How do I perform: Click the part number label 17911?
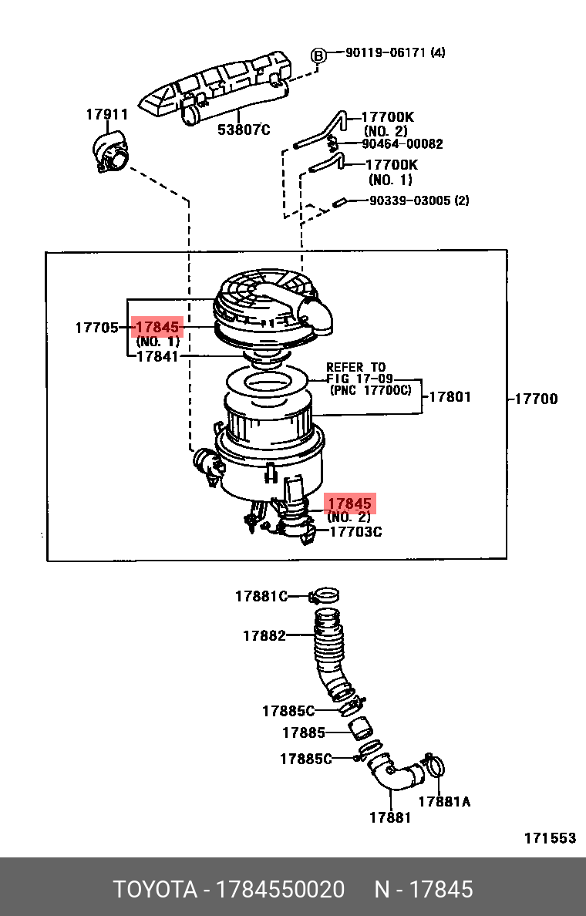(107, 114)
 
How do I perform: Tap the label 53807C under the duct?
(244, 129)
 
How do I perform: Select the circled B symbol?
(317, 56)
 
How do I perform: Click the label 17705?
(96, 328)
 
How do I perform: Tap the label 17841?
(157, 355)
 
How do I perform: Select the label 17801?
(450, 396)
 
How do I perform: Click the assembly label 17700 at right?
(537, 399)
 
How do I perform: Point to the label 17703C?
(355, 531)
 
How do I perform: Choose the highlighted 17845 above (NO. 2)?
(349, 503)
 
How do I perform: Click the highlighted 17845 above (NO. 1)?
(158, 327)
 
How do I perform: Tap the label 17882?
(264, 635)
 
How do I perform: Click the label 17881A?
(444, 802)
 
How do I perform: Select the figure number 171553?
(550, 837)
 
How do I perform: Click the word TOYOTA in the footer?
(155, 890)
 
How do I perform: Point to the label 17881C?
(261, 596)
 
